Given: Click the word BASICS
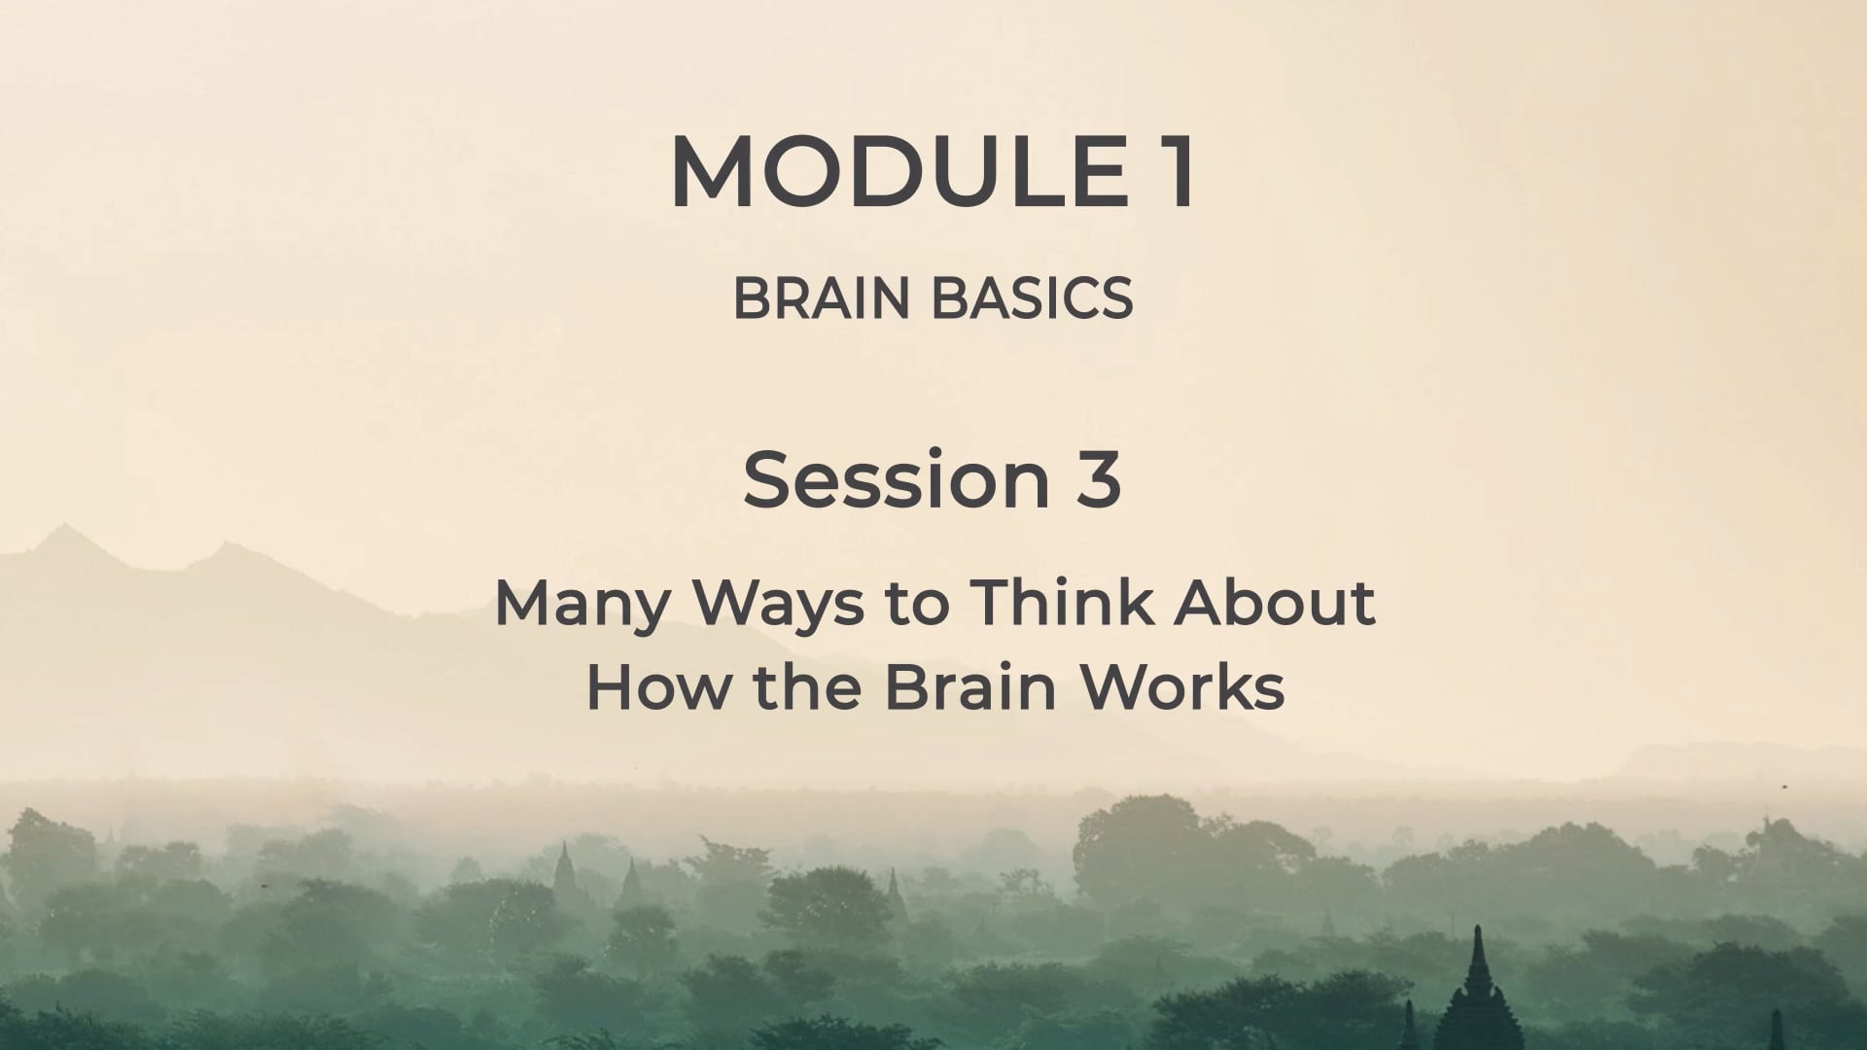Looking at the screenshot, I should tap(1033, 297).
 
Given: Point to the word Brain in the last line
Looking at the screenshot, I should tap(969, 686).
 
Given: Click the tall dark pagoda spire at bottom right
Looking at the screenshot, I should tap(1477, 982).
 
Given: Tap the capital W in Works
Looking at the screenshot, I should tap(1118, 686).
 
